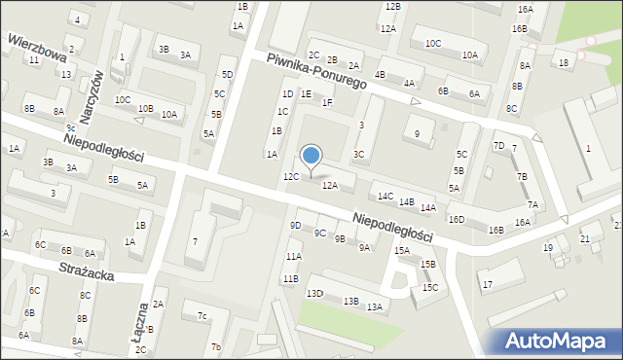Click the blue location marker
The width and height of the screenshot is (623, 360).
(x=311, y=156)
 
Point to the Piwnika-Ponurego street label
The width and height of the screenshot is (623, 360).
(x=316, y=72)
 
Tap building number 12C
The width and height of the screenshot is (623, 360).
(x=290, y=177)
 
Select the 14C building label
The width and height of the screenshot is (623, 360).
(x=385, y=196)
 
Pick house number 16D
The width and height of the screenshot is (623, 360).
(x=456, y=219)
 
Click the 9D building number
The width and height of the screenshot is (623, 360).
(x=295, y=225)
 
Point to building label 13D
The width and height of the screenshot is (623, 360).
(x=314, y=293)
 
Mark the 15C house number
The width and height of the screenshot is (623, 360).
(x=430, y=287)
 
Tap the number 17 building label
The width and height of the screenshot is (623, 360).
(x=488, y=284)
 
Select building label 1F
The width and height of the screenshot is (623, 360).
(x=327, y=102)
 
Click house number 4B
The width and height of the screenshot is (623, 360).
(x=380, y=74)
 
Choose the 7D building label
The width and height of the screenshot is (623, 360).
(x=498, y=146)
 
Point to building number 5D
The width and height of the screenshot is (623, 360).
(x=227, y=74)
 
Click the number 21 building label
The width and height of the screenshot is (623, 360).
(x=585, y=238)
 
